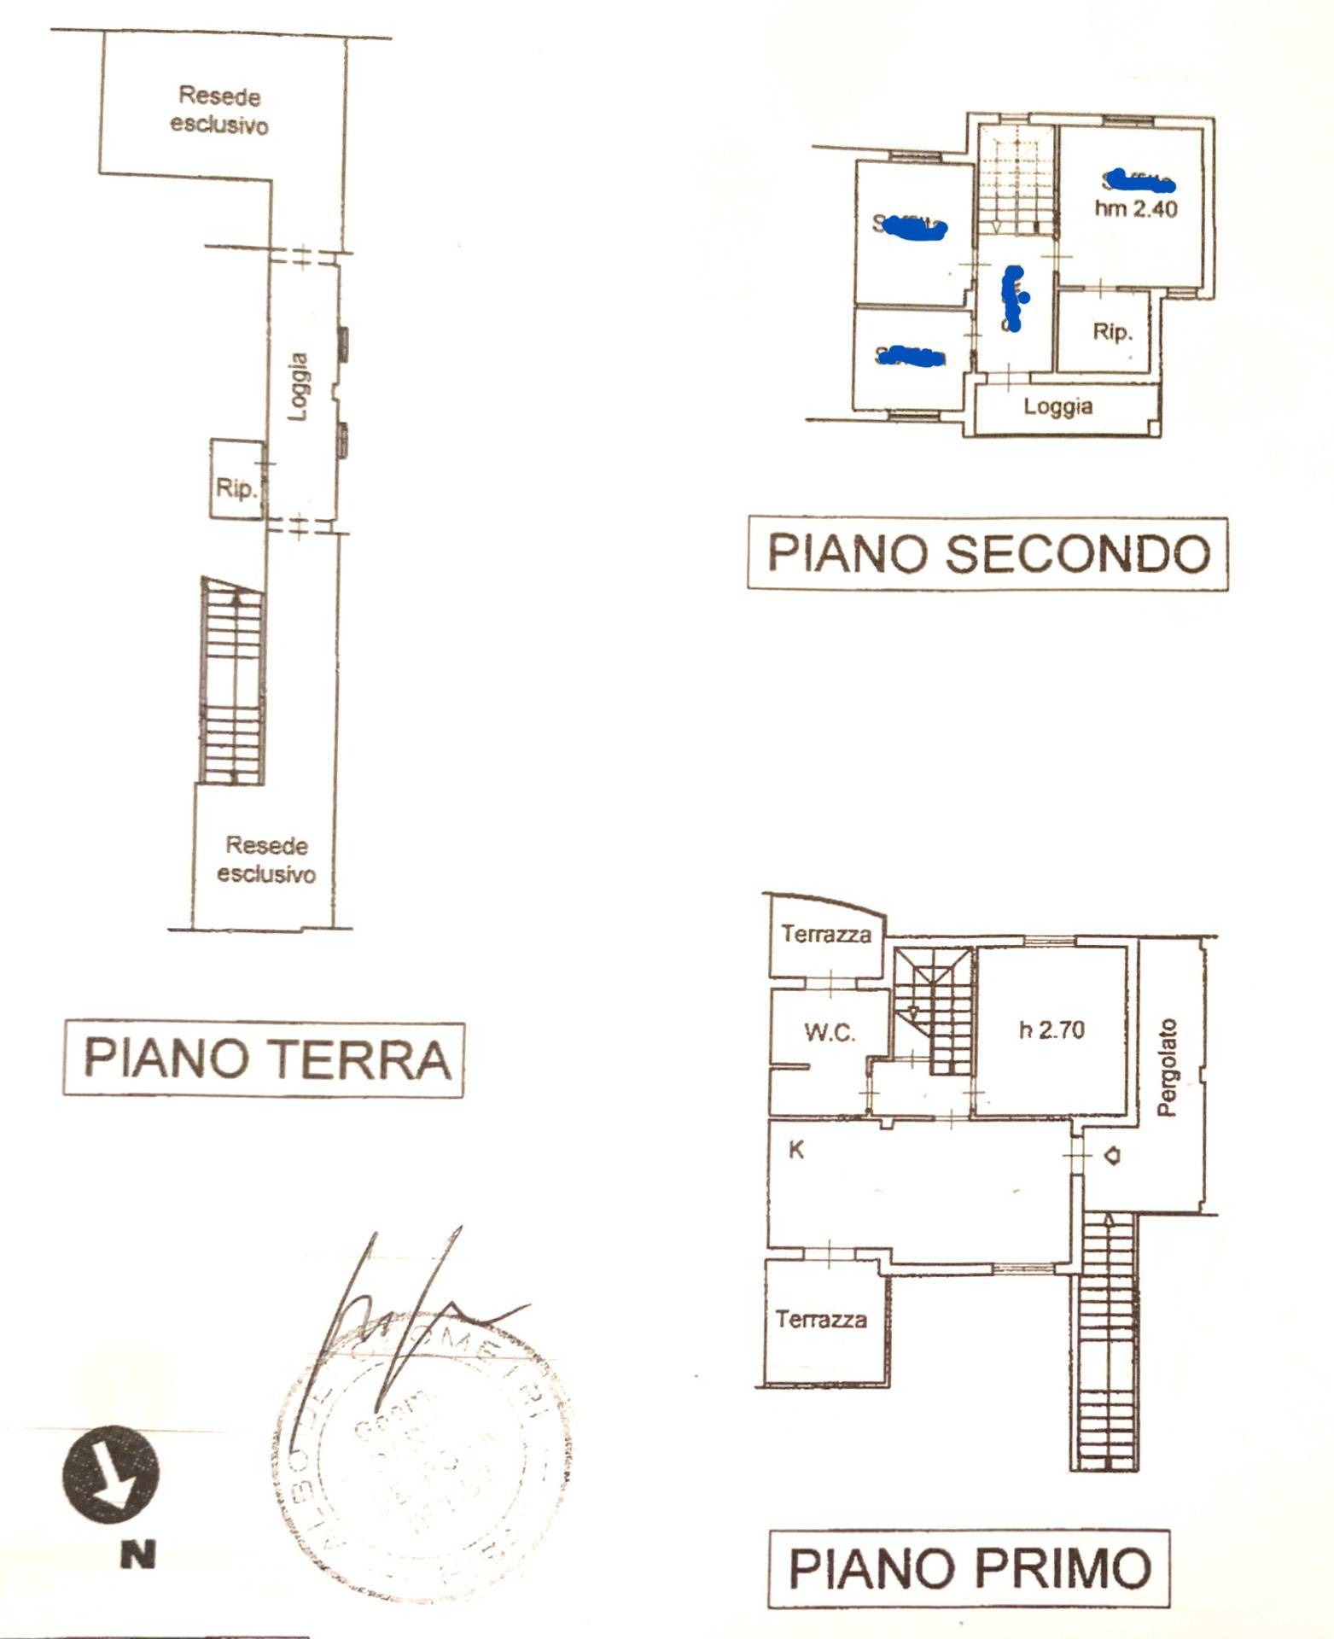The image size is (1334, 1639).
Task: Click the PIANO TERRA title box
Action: [x=264, y=1059]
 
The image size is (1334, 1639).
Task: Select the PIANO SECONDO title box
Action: [x=987, y=553]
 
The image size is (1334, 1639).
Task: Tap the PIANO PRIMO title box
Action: [x=969, y=1568]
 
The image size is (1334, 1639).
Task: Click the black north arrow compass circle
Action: [x=111, y=1474]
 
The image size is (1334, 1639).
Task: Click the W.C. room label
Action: [x=829, y=1033]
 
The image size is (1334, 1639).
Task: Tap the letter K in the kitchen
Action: [x=795, y=1150]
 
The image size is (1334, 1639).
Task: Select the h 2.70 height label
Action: [x=1051, y=1029]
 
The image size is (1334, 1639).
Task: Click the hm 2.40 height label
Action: [x=1136, y=208]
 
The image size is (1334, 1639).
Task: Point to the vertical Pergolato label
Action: [x=1167, y=1067]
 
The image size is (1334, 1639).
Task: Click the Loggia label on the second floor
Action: [x=1057, y=406]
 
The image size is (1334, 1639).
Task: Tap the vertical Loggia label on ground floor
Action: [x=298, y=387]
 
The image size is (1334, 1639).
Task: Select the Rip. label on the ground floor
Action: [x=236, y=488]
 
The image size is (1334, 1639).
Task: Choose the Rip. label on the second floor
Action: [x=1112, y=331]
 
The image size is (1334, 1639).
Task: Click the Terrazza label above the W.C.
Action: [x=825, y=934]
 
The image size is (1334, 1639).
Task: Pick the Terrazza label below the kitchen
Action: [x=820, y=1320]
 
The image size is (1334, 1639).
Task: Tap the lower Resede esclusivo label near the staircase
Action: [x=266, y=860]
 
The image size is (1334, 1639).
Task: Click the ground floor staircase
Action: [x=233, y=680]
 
